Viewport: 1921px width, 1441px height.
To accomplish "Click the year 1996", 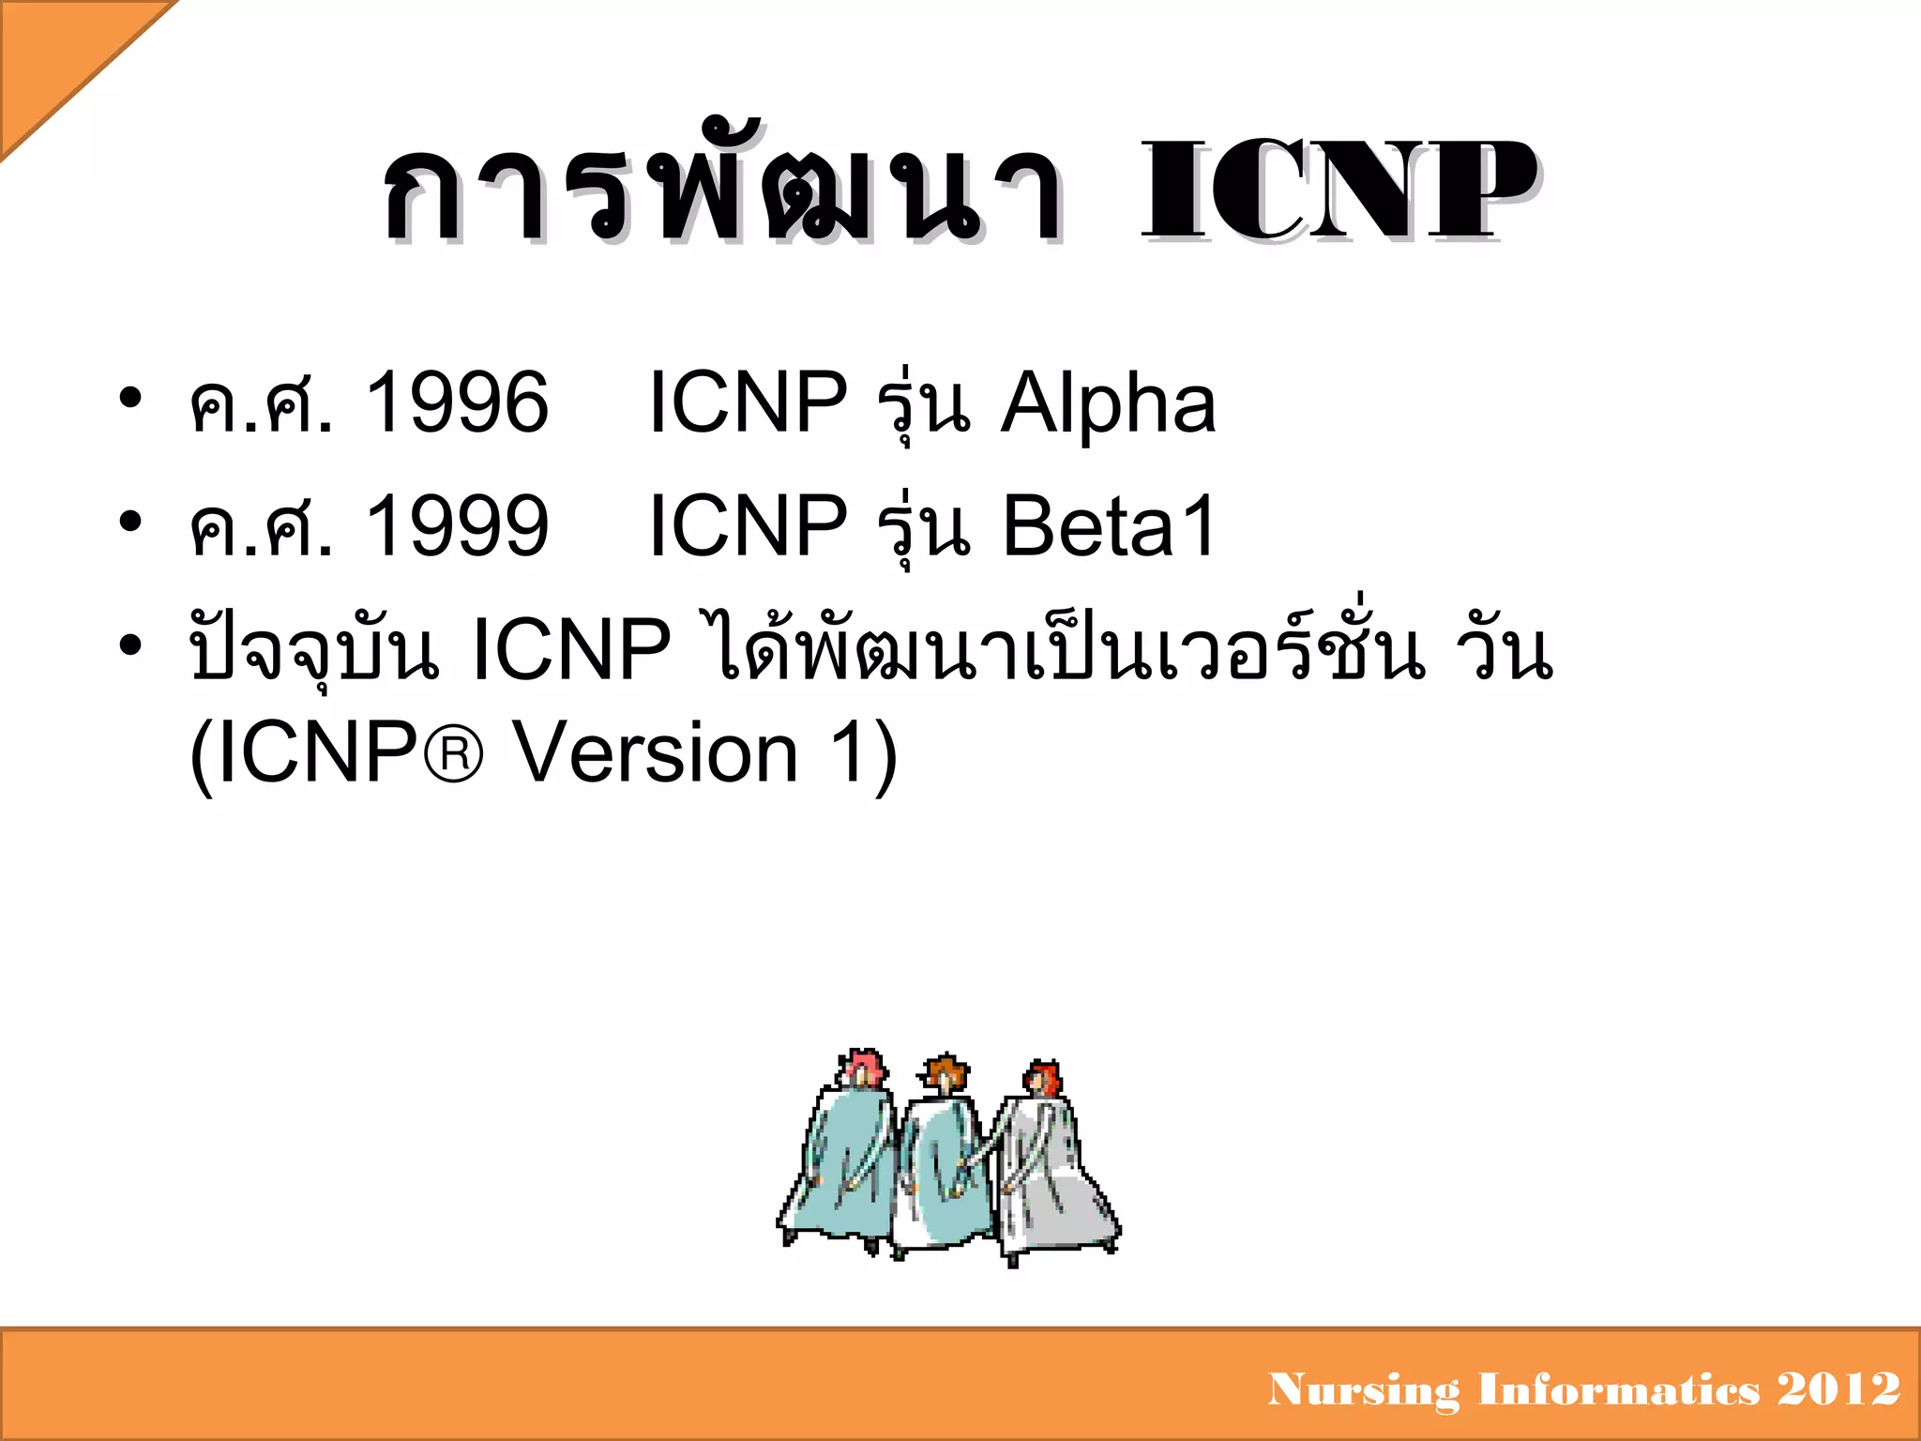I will click(457, 402).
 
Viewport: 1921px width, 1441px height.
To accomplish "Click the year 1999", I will click(457, 526).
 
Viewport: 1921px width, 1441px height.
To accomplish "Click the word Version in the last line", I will click(658, 752).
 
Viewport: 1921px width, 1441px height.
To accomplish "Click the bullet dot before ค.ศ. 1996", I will click(130, 398).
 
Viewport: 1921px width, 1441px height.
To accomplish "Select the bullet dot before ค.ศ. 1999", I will click(130, 522).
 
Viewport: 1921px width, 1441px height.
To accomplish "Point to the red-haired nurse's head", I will click(1043, 1079).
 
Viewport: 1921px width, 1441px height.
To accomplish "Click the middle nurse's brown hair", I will click(946, 1070).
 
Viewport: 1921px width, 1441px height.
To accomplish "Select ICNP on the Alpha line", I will click(748, 402).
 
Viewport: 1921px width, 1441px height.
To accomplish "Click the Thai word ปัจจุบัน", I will click(314, 650).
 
